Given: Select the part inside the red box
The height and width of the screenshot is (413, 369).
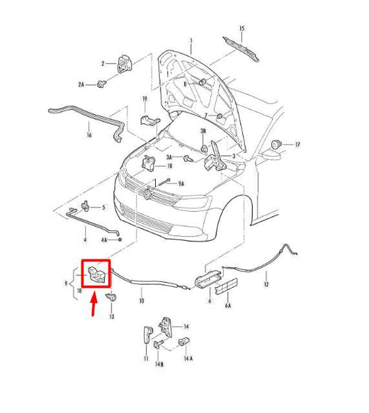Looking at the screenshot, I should (96, 275).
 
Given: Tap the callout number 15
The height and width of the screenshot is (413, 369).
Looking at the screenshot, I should (242, 28).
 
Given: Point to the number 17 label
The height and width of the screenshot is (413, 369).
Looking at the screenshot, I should (298, 145).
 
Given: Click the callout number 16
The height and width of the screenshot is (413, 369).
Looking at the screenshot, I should (89, 135).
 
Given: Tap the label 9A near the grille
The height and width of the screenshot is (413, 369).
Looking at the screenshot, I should (181, 183).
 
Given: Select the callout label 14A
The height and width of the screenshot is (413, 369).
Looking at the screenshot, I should (188, 359).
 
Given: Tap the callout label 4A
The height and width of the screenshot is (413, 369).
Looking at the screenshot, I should (104, 240).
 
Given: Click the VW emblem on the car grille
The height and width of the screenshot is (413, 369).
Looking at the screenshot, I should (152, 196).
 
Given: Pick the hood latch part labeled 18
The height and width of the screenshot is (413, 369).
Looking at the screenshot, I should (149, 164).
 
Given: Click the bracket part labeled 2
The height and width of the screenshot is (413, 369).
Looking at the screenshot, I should (125, 62).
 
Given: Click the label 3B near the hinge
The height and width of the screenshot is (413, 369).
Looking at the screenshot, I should (204, 130).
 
